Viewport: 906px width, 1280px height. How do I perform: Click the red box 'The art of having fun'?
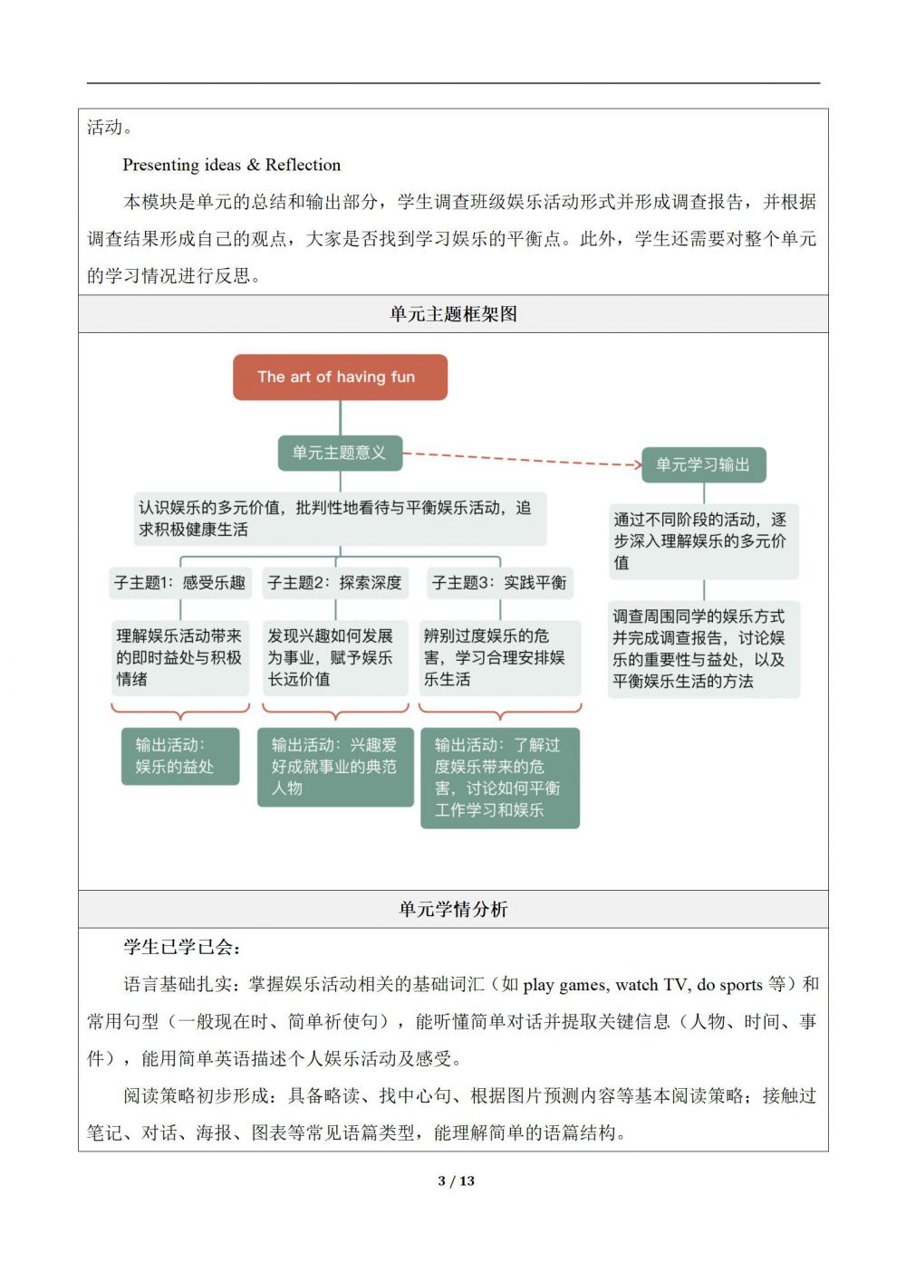tap(340, 377)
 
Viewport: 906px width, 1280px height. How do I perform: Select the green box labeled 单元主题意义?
tap(339, 453)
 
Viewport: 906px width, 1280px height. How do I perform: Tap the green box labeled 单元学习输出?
tap(703, 465)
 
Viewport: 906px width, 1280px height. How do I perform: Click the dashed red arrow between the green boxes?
tap(521, 459)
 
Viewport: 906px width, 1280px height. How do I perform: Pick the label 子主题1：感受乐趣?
tap(179, 583)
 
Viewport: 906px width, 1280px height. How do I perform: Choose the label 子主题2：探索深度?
tap(334, 583)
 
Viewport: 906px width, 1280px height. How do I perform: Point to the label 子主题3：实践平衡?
tap(499, 583)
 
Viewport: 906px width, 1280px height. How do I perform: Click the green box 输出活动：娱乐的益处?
tap(180, 756)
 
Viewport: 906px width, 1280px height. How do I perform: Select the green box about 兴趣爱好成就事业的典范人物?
tap(335, 767)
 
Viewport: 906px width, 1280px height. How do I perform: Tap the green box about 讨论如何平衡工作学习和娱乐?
tap(499, 778)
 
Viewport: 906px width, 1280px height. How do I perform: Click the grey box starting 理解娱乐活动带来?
tap(179, 657)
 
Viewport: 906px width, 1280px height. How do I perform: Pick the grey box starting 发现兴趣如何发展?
tap(334, 657)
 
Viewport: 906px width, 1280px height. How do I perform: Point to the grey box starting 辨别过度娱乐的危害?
tap(499, 657)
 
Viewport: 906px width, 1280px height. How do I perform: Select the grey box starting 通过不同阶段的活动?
tap(703, 541)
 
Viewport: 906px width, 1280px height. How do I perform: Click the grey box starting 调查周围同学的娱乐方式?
tap(703, 649)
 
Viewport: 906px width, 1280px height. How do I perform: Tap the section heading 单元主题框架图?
tap(453, 314)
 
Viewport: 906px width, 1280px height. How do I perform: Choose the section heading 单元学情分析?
tap(453, 910)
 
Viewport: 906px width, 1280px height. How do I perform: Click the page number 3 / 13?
tap(456, 1180)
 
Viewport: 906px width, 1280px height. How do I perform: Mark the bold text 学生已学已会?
tap(181, 948)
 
